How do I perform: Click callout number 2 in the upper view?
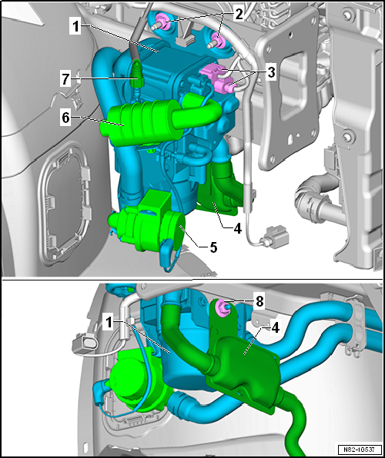(239, 14)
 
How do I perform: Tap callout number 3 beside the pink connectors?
(271, 73)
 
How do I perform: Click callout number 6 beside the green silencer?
(66, 118)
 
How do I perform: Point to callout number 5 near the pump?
(213, 247)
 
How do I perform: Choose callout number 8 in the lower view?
(259, 302)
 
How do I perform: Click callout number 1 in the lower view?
(109, 323)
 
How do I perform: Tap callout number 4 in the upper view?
(237, 228)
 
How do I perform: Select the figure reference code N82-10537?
(360, 449)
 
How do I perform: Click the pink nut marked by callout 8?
(220, 307)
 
